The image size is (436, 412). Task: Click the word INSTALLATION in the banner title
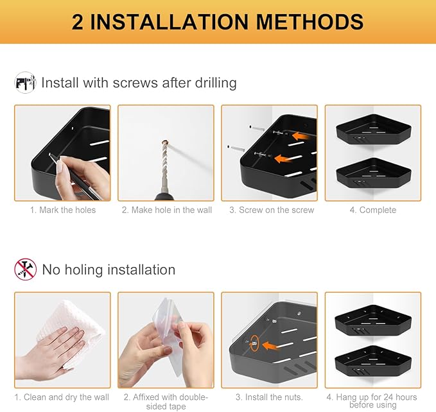pos(169,22)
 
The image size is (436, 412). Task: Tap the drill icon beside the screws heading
pos(25,83)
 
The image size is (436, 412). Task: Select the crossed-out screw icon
pos(25,270)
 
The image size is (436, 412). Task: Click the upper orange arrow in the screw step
pos(300,136)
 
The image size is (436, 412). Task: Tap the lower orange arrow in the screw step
pos(284,159)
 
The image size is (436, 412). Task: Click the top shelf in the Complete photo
pos(374,129)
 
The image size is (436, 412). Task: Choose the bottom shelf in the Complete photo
pos(374,173)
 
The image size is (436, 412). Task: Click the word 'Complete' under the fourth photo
pos(378,210)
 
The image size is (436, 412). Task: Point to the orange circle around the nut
pos(254,343)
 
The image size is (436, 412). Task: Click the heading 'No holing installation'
pos(109,270)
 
